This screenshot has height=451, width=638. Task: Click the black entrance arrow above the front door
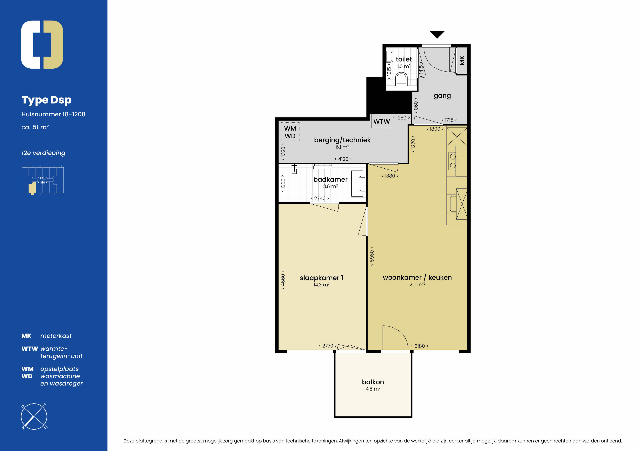[x=437, y=34]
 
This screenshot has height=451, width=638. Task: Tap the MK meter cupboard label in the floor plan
[x=462, y=60]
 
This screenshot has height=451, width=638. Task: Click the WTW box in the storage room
[x=382, y=121]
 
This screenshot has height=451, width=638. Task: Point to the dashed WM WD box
[x=290, y=132]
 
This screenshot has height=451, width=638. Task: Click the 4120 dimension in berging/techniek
[x=343, y=159]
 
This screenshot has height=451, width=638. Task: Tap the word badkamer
[x=330, y=179]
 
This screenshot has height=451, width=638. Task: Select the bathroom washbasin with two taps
[x=358, y=183]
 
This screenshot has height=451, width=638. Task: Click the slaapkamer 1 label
[x=322, y=278]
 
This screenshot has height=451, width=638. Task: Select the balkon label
[x=373, y=382]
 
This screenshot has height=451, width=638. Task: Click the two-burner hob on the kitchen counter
[x=452, y=161]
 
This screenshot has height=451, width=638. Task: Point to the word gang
[x=442, y=96]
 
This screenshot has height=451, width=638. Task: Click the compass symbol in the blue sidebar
[x=34, y=416]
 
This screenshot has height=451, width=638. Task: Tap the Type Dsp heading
[x=46, y=100]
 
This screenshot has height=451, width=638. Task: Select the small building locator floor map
[x=43, y=180]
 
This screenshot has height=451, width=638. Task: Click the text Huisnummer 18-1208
[x=53, y=114]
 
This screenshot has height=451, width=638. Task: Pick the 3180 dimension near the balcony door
[x=420, y=346]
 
